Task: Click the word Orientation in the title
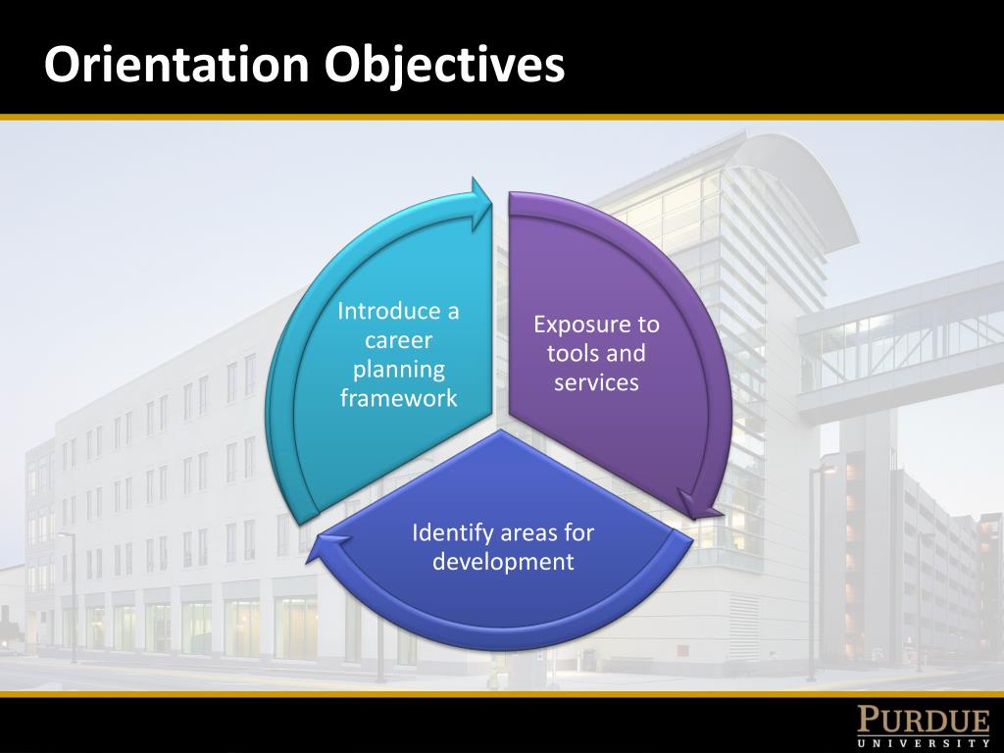(177, 64)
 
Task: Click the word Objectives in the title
(445, 64)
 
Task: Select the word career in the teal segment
(398, 340)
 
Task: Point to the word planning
(398, 370)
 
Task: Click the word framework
(398, 398)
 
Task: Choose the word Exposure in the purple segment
(595, 325)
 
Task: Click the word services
(596, 382)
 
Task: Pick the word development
(503, 562)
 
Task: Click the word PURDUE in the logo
(924, 722)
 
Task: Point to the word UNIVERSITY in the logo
(924, 743)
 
